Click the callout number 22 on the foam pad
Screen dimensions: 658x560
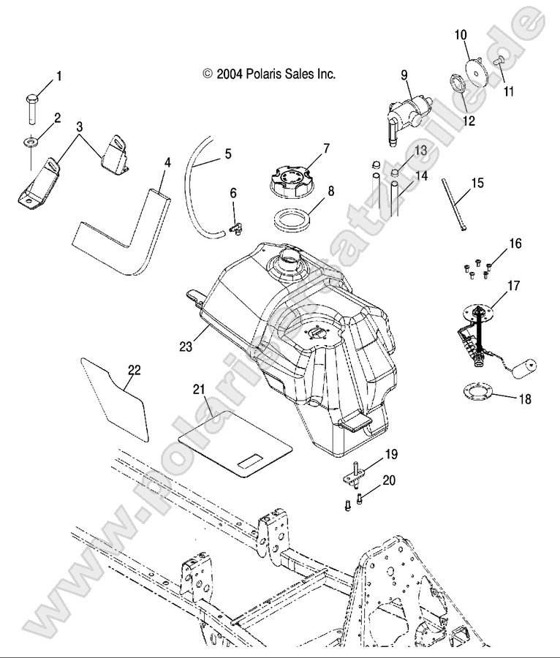(135, 370)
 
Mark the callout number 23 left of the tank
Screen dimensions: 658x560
(187, 346)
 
